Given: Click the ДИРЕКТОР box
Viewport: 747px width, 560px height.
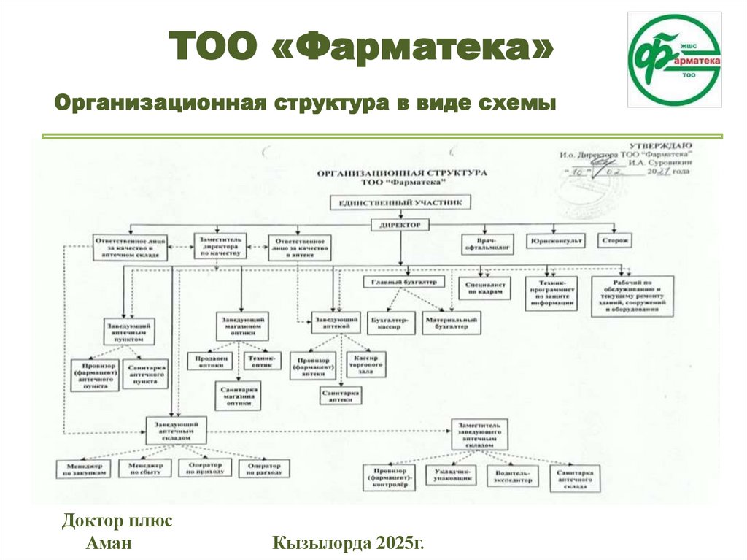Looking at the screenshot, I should [400, 226].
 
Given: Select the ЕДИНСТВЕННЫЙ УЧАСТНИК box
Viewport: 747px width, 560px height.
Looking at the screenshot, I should [400, 202].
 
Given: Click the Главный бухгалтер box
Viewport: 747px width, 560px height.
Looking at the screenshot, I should [399, 282].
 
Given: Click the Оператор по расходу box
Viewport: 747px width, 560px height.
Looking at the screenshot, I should [264, 469].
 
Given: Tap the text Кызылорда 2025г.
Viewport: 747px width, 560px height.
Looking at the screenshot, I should [348, 543].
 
